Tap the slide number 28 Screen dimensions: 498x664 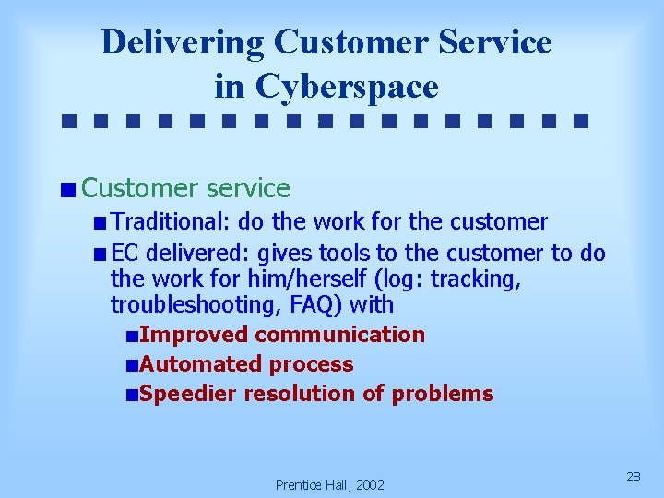pyautogui.click(x=634, y=476)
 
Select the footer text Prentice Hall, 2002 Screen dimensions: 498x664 pyautogui.click(x=330, y=484)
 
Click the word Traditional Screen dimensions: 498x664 pyautogui.click(x=171, y=222)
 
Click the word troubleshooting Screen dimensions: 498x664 pyautogui.click(x=185, y=305)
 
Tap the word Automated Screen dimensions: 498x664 pyautogui.click(x=200, y=364)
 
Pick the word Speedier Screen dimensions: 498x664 pyautogui.click(x=190, y=394)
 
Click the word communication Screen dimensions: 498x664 pyautogui.click(x=340, y=335)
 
